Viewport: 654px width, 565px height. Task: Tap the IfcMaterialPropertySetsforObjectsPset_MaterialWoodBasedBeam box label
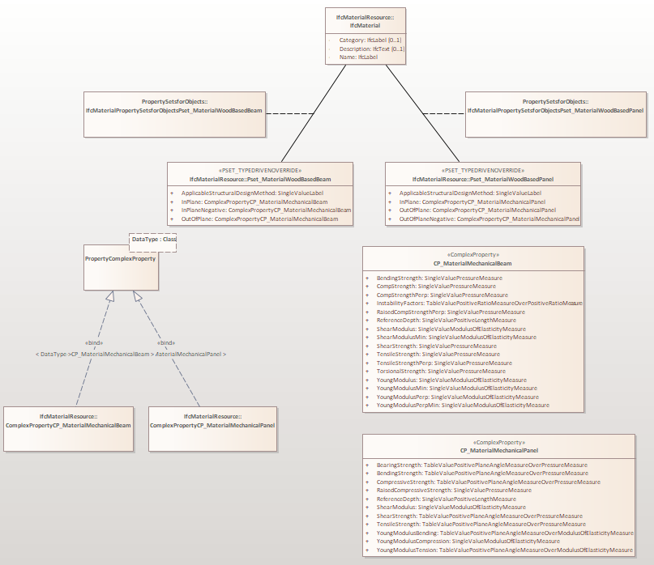[173, 110]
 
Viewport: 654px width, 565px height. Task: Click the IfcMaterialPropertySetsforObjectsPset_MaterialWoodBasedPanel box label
[556, 110]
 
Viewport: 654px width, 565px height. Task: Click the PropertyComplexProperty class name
[120, 258]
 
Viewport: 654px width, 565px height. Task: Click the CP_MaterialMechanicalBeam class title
[473, 263]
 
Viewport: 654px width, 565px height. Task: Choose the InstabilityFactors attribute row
[478, 304]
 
